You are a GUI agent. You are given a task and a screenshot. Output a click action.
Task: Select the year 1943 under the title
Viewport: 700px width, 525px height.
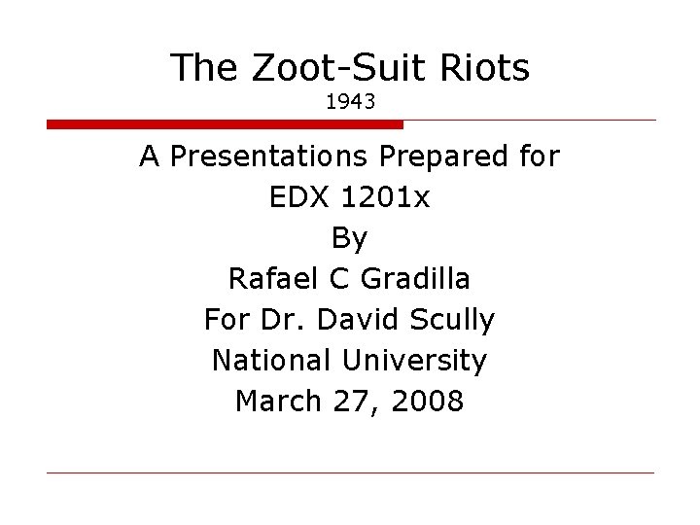coord(350,101)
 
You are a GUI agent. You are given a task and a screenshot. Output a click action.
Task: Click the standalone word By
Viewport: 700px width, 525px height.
coord(350,238)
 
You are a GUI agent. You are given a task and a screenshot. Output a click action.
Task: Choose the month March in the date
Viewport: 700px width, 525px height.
coord(277,401)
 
